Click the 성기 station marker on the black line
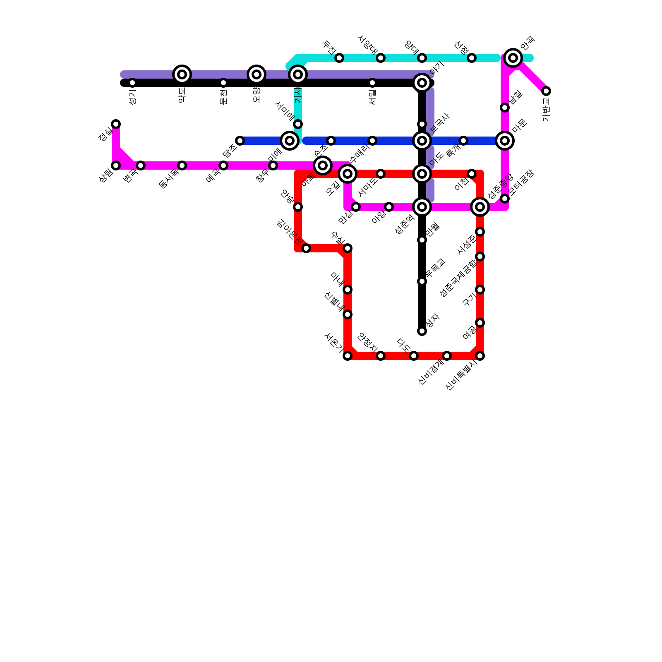pos(132,83)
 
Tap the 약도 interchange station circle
pos(182,74)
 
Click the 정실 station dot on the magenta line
pos(116,124)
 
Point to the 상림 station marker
pos(116,165)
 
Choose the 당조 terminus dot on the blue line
pos(240,141)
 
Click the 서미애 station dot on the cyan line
pos(298,124)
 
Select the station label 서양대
pos(367,45)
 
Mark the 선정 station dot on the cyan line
pos(472,58)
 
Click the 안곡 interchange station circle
pos(513,58)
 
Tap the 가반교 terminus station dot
pos(546,91)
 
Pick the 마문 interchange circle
pos(505,141)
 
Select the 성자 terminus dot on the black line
pos(422,331)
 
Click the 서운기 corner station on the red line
pos(348,356)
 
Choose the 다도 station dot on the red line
pos(414,356)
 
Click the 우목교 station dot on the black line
pos(422,281)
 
